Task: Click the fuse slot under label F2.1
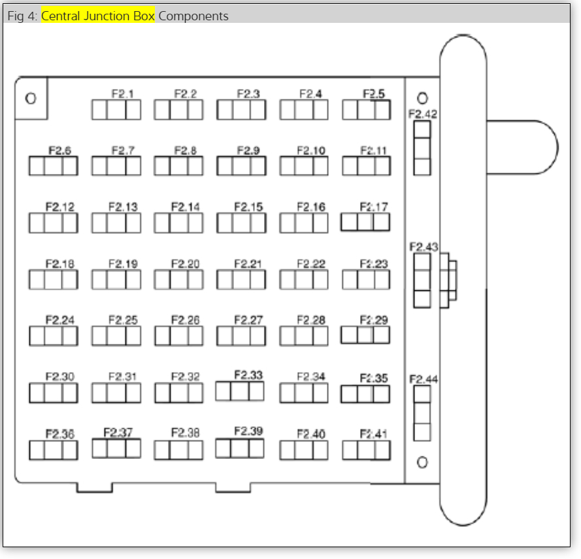116,110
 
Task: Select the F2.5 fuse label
373,94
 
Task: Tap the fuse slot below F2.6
53,167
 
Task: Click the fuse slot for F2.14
178,224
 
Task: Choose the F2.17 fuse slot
365,222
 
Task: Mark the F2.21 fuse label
248,264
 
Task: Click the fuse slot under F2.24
53,336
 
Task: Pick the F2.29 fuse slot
365,335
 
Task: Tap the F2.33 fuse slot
240,391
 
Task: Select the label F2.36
59,433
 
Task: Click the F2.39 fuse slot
240,448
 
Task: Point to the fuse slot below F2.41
366,450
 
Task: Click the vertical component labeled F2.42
422,148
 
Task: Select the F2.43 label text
423,247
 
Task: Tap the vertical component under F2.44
422,413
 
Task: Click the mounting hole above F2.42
422,98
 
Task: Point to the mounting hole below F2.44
422,462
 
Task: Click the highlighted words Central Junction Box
98,16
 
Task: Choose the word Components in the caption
193,16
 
